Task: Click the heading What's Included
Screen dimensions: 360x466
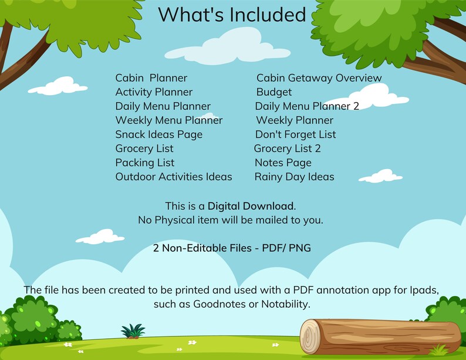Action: (232, 14)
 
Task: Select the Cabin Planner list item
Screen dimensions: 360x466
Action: (151, 78)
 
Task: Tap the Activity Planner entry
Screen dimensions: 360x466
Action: (154, 92)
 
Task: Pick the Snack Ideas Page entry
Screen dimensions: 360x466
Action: (159, 134)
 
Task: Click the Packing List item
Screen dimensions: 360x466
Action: (145, 163)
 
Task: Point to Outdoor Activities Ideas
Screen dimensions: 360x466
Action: (174, 177)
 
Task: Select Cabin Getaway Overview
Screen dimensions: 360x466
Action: (319, 78)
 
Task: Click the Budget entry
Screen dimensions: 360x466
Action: (274, 92)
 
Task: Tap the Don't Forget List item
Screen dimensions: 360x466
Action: (296, 134)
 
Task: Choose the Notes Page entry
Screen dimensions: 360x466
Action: (283, 163)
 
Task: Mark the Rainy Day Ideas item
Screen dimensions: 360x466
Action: (295, 177)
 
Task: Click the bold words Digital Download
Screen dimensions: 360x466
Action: (251, 206)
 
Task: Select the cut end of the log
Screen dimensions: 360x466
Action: (310, 337)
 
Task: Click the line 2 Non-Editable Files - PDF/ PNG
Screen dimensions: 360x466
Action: (232, 248)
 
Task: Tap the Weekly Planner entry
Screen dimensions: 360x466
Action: (287, 120)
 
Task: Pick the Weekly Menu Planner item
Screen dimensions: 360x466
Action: (169, 120)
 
